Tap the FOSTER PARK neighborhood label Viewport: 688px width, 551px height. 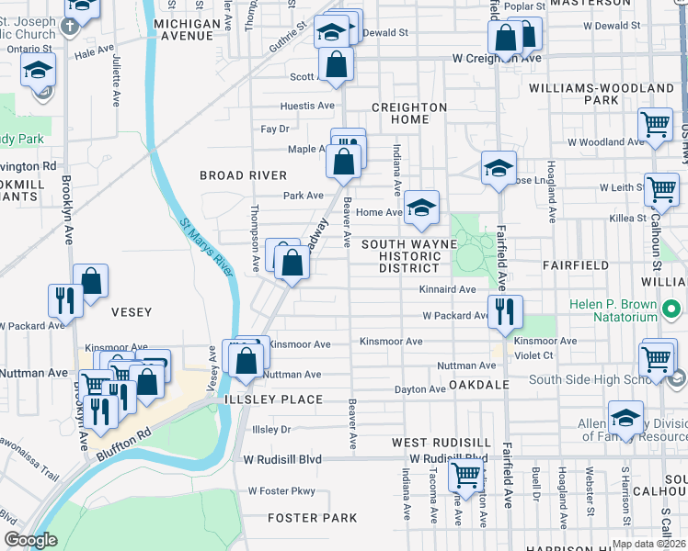pos(312,518)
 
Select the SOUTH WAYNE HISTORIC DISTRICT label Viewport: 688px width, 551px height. pos(409,255)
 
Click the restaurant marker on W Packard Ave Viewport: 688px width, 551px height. pos(505,312)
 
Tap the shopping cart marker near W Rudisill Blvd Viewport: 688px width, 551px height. pos(466,476)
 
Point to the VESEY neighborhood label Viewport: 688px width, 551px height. pos(131,312)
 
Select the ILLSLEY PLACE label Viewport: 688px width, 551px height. pos(271,399)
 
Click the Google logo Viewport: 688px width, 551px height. pos(30,540)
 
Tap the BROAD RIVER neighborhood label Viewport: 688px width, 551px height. pos(244,175)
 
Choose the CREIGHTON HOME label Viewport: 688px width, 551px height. pos(408,113)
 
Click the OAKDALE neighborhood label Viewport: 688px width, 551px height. pos(477,385)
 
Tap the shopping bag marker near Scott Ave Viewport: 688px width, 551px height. pos(338,65)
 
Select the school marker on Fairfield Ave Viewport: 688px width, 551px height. pos(499,168)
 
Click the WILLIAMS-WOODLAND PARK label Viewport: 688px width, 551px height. pos(602,94)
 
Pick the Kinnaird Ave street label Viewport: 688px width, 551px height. pos(447,289)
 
